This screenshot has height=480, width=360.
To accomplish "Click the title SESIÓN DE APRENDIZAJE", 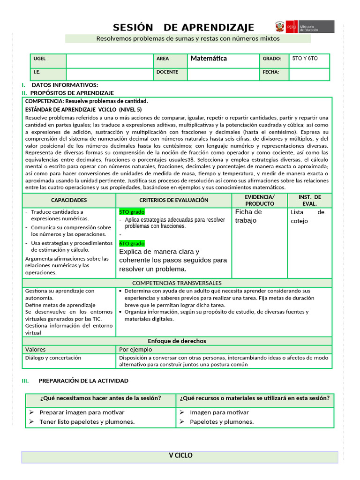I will (184, 27).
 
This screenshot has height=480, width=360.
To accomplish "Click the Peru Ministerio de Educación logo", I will (304, 26).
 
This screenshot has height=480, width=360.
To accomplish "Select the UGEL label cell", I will (39, 59).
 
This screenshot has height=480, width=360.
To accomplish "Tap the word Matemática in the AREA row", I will (209, 59).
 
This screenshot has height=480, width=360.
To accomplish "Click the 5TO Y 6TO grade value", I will (305, 59).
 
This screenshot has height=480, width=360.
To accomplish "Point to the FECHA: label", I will (271, 72).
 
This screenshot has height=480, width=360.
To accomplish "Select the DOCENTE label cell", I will (167, 72).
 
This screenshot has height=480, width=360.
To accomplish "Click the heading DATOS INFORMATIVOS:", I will (65, 85).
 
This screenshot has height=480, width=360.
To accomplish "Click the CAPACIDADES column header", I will (69, 200).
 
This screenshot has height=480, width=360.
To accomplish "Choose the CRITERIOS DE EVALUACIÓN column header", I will (174, 200).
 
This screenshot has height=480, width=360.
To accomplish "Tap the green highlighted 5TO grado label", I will (132, 212).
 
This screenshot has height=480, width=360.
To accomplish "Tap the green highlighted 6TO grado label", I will (132, 244).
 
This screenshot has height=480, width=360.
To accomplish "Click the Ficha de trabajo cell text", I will (248, 216).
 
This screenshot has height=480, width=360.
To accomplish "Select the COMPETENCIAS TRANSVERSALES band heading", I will (177, 283).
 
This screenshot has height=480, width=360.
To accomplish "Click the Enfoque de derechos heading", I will (177, 341).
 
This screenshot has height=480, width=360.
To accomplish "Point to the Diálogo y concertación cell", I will (53, 358).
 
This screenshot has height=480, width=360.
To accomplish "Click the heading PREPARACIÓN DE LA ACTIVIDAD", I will (83, 381).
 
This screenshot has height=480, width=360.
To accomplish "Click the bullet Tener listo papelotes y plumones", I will (87, 421).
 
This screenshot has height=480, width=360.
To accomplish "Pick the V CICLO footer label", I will (180, 456).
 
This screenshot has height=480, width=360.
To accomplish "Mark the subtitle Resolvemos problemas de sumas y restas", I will (187, 38).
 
